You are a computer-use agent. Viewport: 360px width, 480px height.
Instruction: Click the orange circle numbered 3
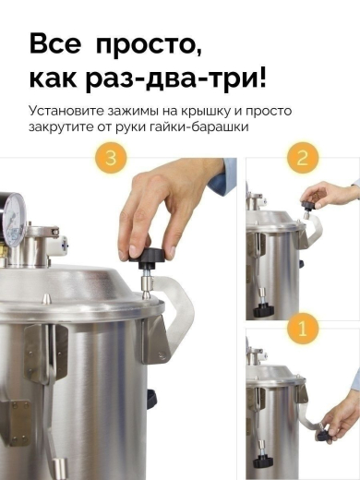111,158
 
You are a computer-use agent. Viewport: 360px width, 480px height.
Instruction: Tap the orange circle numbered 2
303,158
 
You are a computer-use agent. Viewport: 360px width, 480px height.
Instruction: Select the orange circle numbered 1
303,328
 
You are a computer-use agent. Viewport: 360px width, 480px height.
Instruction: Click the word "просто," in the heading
149,45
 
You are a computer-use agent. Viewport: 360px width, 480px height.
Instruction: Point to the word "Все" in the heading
55,43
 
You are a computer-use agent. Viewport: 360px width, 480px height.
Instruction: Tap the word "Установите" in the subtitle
66,111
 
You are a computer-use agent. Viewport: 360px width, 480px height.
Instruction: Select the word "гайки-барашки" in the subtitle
198,126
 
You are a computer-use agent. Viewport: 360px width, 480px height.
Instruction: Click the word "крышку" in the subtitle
206,112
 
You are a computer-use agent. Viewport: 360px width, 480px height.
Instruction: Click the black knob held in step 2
308,204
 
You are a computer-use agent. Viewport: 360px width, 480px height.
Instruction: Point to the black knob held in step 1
323,435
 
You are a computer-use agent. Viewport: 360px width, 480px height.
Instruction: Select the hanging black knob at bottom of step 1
263,462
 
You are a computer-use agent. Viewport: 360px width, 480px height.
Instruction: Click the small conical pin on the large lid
45,297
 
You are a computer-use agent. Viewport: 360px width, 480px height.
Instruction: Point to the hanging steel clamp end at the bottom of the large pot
59,468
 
